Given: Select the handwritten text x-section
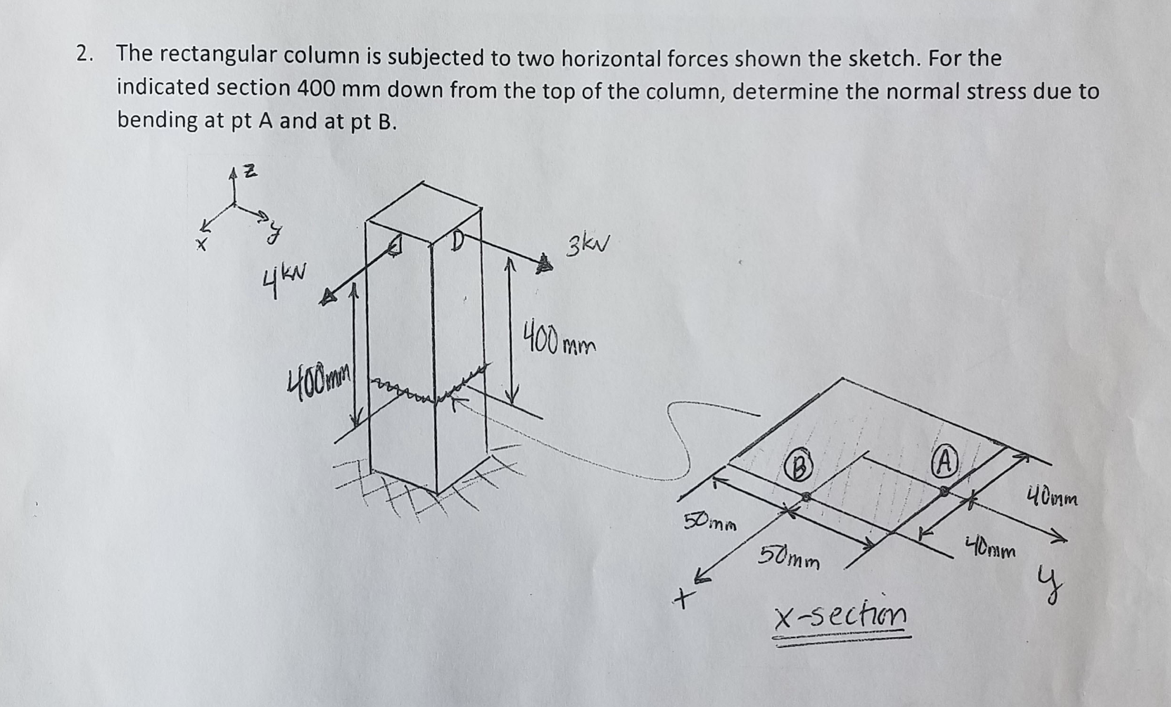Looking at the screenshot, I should pyautogui.click(x=840, y=616).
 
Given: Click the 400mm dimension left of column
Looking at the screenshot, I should pyautogui.click(x=319, y=384).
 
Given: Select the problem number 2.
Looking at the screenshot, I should pyautogui.click(x=84, y=54).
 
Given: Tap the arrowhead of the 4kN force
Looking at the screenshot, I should pyautogui.click(x=328, y=298).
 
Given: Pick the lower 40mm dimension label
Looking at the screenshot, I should pyautogui.click(x=990, y=548).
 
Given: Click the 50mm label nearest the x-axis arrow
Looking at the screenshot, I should pyautogui.click(x=710, y=523).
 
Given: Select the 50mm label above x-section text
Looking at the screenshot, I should pyautogui.click(x=789, y=559).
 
